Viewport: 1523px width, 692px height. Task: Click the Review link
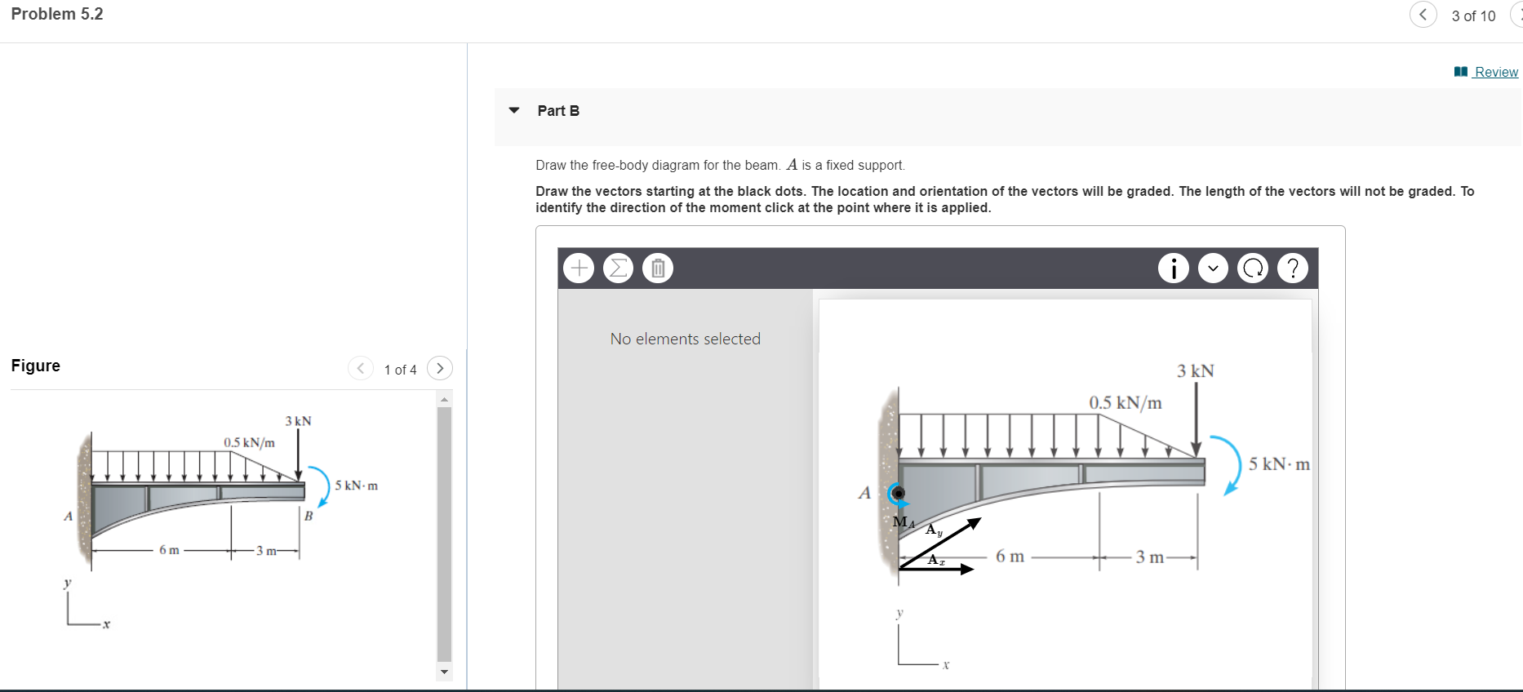(x=1495, y=72)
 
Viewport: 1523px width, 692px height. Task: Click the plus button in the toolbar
(x=579, y=268)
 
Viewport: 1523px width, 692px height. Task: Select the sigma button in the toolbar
(x=619, y=268)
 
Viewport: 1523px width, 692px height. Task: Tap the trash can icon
(x=658, y=268)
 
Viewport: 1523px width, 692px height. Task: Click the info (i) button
(x=1174, y=268)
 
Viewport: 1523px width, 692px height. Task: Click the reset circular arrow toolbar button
(x=1253, y=268)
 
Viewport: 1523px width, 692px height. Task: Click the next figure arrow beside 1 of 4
(x=440, y=369)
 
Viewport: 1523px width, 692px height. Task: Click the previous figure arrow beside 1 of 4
(x=360, y=369)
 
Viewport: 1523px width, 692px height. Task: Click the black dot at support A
(x=898, y=493)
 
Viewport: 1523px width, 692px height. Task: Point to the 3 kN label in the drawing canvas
(x=1195, y=371)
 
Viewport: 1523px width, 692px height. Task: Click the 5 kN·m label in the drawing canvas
(x=1278, y=464)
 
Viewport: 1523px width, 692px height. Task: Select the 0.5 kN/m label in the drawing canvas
(x=1125, y=402)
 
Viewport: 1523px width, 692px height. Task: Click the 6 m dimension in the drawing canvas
(x=1010, y=557)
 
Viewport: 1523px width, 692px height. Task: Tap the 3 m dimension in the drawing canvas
(x=1149, y=557)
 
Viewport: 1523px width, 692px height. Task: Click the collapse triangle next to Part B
(x=514, y=110)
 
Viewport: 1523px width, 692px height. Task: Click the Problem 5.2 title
(x=57, y=14)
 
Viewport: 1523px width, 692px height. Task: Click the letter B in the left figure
(x=309, y=516)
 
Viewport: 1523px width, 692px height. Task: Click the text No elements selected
(x=685, y=339)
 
